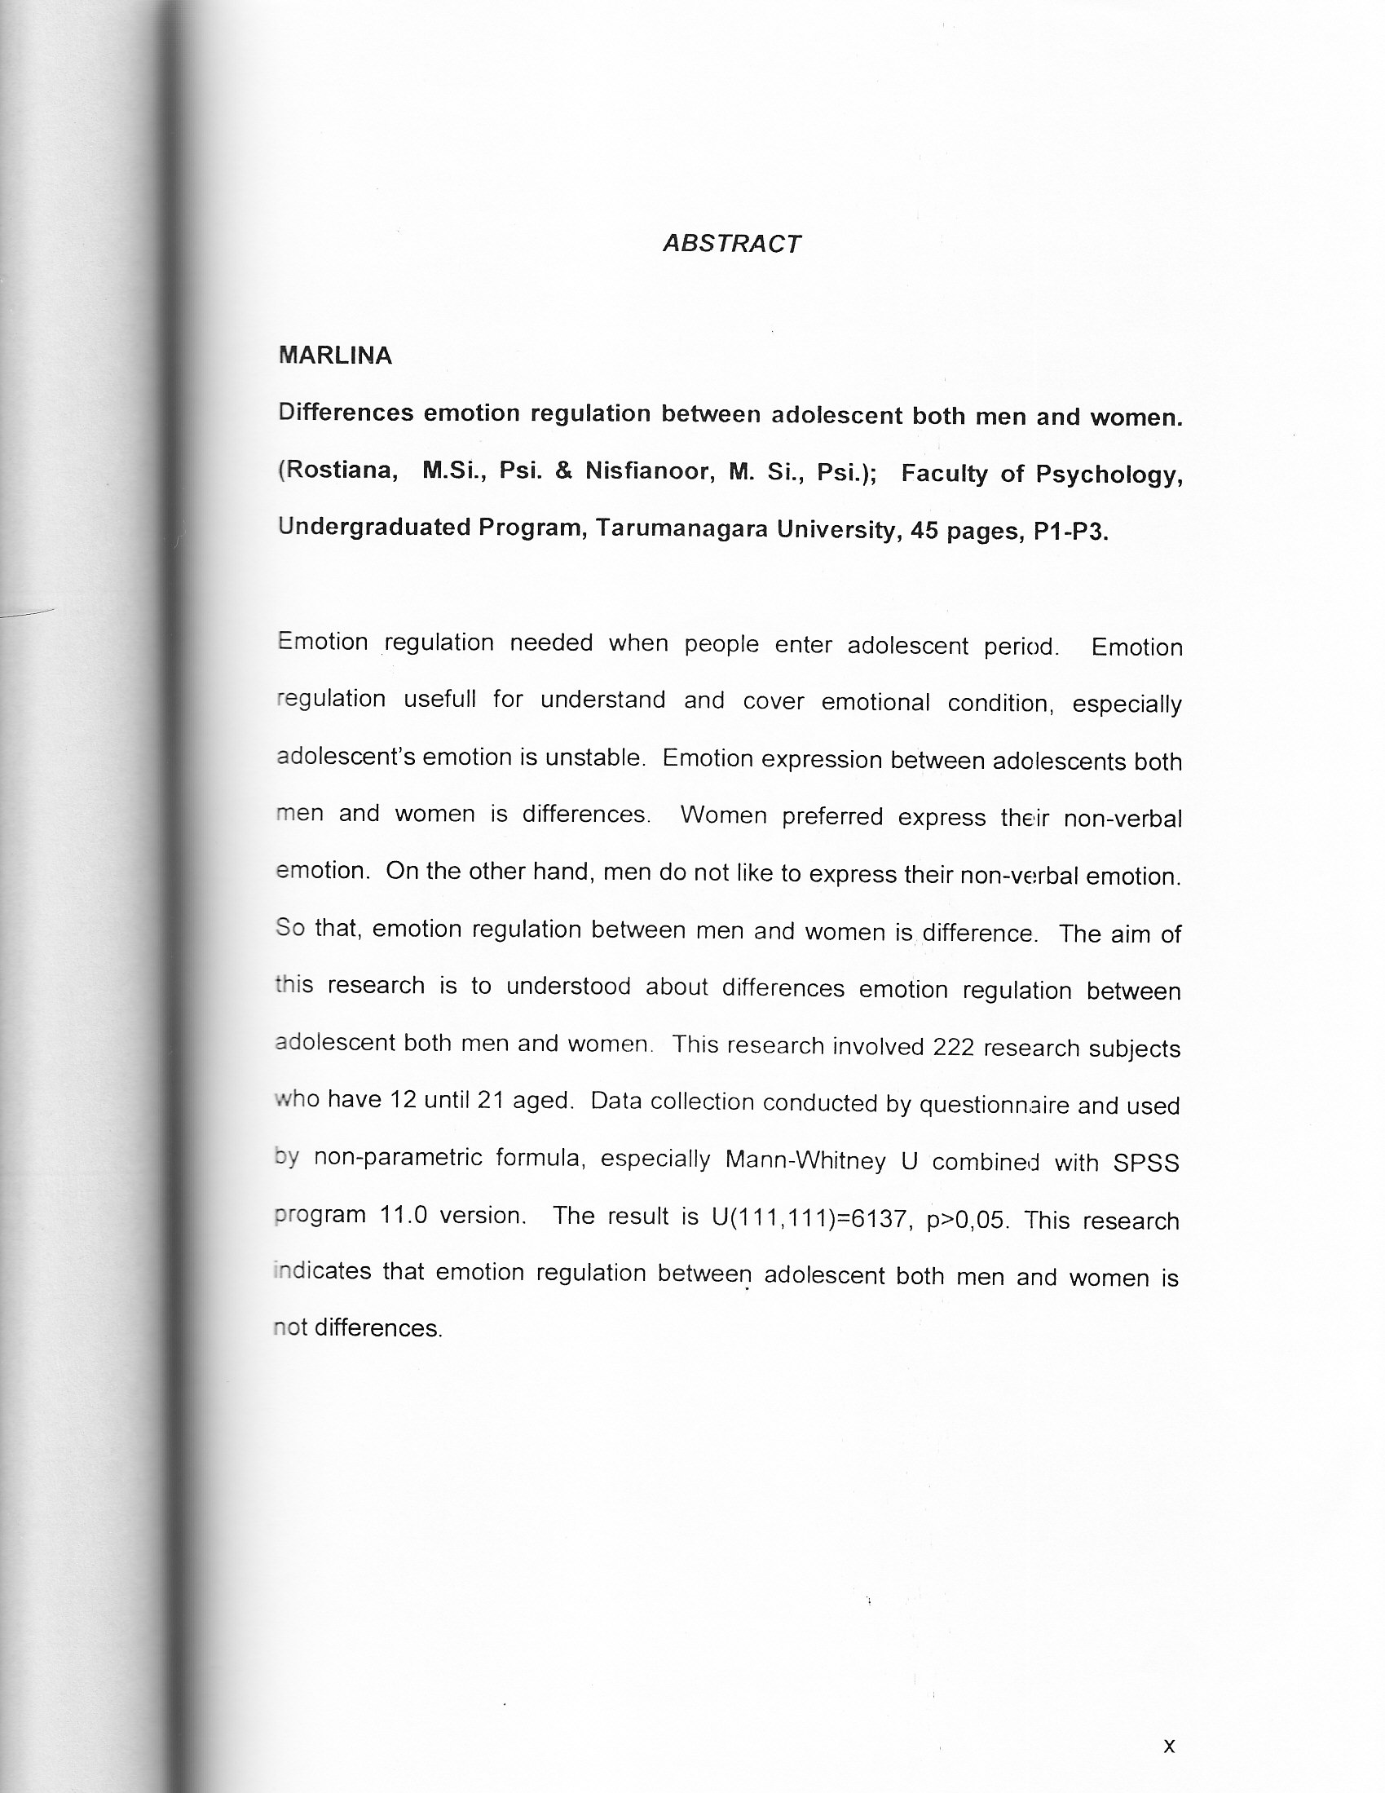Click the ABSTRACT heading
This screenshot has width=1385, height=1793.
coord(730,244)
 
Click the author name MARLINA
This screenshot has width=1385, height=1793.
coord(335,356)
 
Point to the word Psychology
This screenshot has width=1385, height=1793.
coord(1109,475)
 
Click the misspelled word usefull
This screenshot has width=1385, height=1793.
coord(439,700)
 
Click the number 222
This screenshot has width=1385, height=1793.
coord(953,1048)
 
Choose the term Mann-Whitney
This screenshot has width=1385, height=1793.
coord(805,1160)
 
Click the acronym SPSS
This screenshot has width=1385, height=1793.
coord(1146,1164)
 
